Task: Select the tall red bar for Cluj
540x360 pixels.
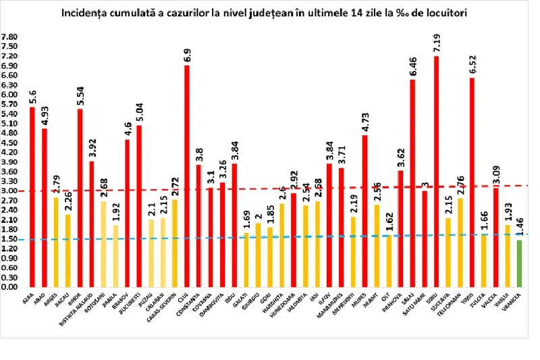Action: (186, 176)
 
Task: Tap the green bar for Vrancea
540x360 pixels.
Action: (519, 263)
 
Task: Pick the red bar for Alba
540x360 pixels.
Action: (32, 196)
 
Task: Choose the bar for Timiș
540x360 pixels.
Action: (472, 182)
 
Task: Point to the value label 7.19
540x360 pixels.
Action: (437, 41)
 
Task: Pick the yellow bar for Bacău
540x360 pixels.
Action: (67, 251)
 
